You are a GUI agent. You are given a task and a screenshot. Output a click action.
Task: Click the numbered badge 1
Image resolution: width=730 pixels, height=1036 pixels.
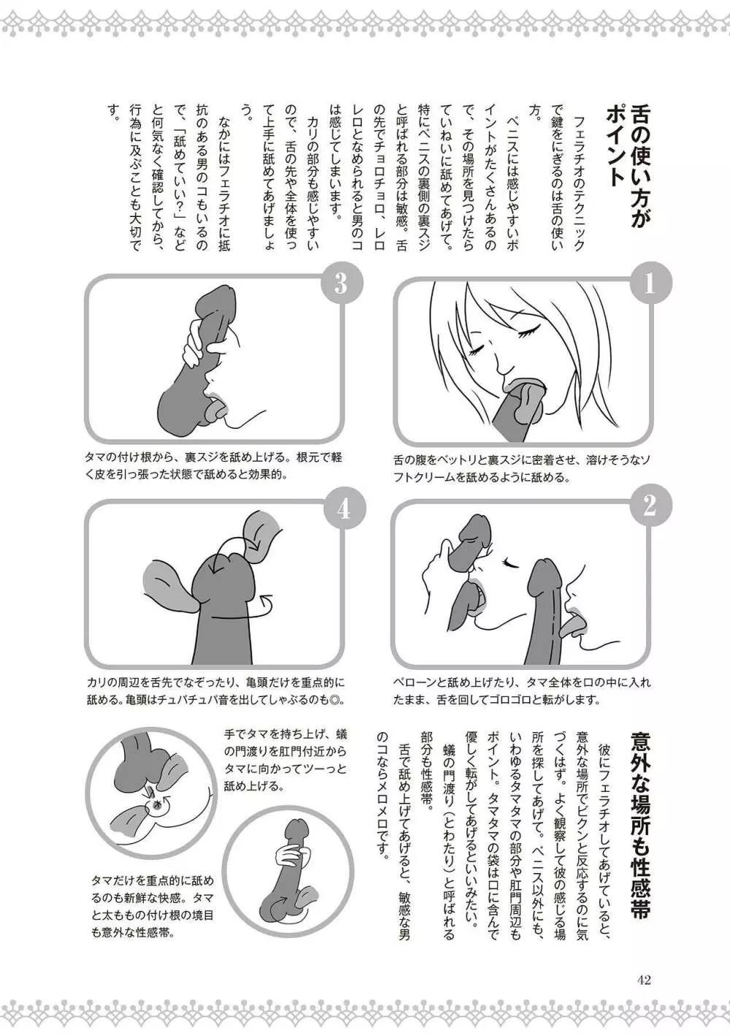[x=649, y=283]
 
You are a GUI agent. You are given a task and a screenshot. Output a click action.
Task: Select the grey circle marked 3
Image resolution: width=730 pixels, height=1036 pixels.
[x=341, y=283]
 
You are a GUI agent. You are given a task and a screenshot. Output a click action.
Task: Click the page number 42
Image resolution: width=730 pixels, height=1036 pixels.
[x=644, y=967]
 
